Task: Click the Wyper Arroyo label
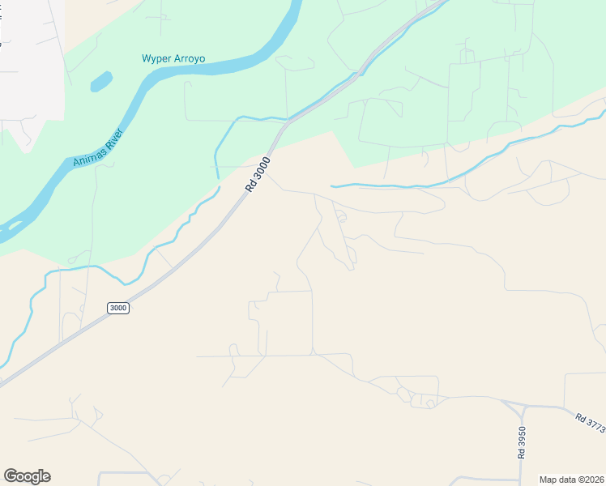(x=173, y=59)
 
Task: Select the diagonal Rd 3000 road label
(x=259, y=174)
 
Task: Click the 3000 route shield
(x=118, y=309)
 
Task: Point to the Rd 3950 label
(x=522, y=443)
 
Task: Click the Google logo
(x=27, y=476)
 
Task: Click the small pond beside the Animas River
(x=101, y=81)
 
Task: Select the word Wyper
(x=157, y=59)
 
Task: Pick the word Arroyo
(x=190, y=59)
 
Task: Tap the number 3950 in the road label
(x=522, y=438)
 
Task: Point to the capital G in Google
(x=11, y=476)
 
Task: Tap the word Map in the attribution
(x=548, y=480)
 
